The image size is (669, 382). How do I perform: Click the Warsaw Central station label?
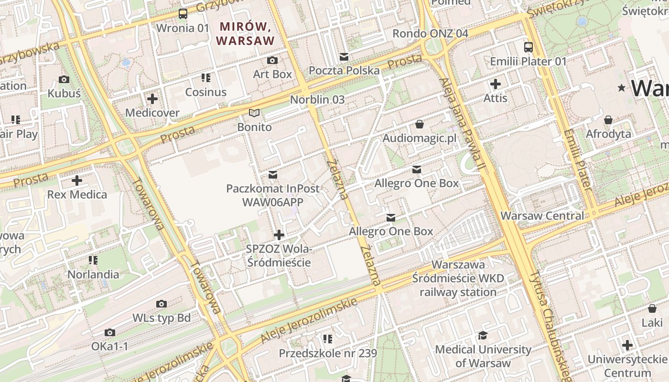542,215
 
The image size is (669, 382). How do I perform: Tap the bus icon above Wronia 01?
183,14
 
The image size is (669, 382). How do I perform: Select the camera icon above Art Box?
272,60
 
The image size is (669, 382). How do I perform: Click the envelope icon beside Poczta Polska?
344,57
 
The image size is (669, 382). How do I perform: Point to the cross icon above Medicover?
152,99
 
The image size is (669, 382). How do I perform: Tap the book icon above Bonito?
255,113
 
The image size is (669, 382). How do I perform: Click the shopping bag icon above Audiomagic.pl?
420,124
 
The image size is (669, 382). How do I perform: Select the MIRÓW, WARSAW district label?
246,33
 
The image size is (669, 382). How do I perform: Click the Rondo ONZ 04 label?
430,33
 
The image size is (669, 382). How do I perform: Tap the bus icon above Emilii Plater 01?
528,47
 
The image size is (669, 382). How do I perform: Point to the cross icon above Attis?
496,84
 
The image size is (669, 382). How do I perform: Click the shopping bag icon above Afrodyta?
608,119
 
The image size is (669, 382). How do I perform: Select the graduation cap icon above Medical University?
483,335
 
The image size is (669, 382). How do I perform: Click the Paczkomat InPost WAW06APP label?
273,195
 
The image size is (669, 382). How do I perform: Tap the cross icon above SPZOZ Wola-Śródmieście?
279,235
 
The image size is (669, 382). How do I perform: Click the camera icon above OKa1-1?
110,332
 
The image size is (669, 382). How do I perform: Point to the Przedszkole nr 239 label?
328,353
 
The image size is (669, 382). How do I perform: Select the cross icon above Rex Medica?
77,180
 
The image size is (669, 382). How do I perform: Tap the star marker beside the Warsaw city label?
622,88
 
